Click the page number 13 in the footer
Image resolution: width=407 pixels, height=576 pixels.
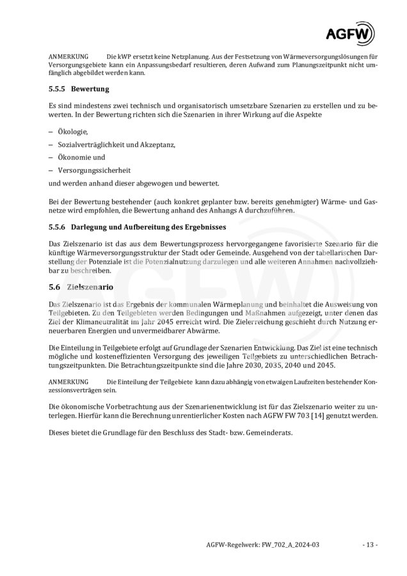[370, 545]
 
